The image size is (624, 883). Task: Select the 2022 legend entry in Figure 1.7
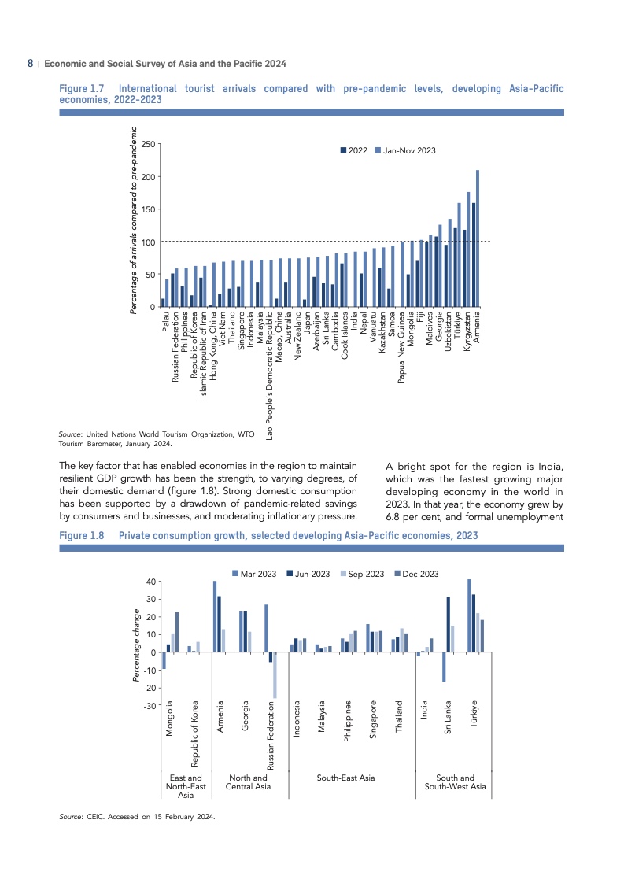354,150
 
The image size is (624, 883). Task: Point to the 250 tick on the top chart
147,144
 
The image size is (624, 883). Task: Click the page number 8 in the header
30,63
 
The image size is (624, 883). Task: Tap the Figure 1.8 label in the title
81,535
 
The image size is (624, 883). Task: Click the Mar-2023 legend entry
253,574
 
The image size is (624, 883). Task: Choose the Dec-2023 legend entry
415,574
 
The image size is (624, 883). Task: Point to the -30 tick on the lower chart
150,706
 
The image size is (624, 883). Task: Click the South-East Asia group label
345,778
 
